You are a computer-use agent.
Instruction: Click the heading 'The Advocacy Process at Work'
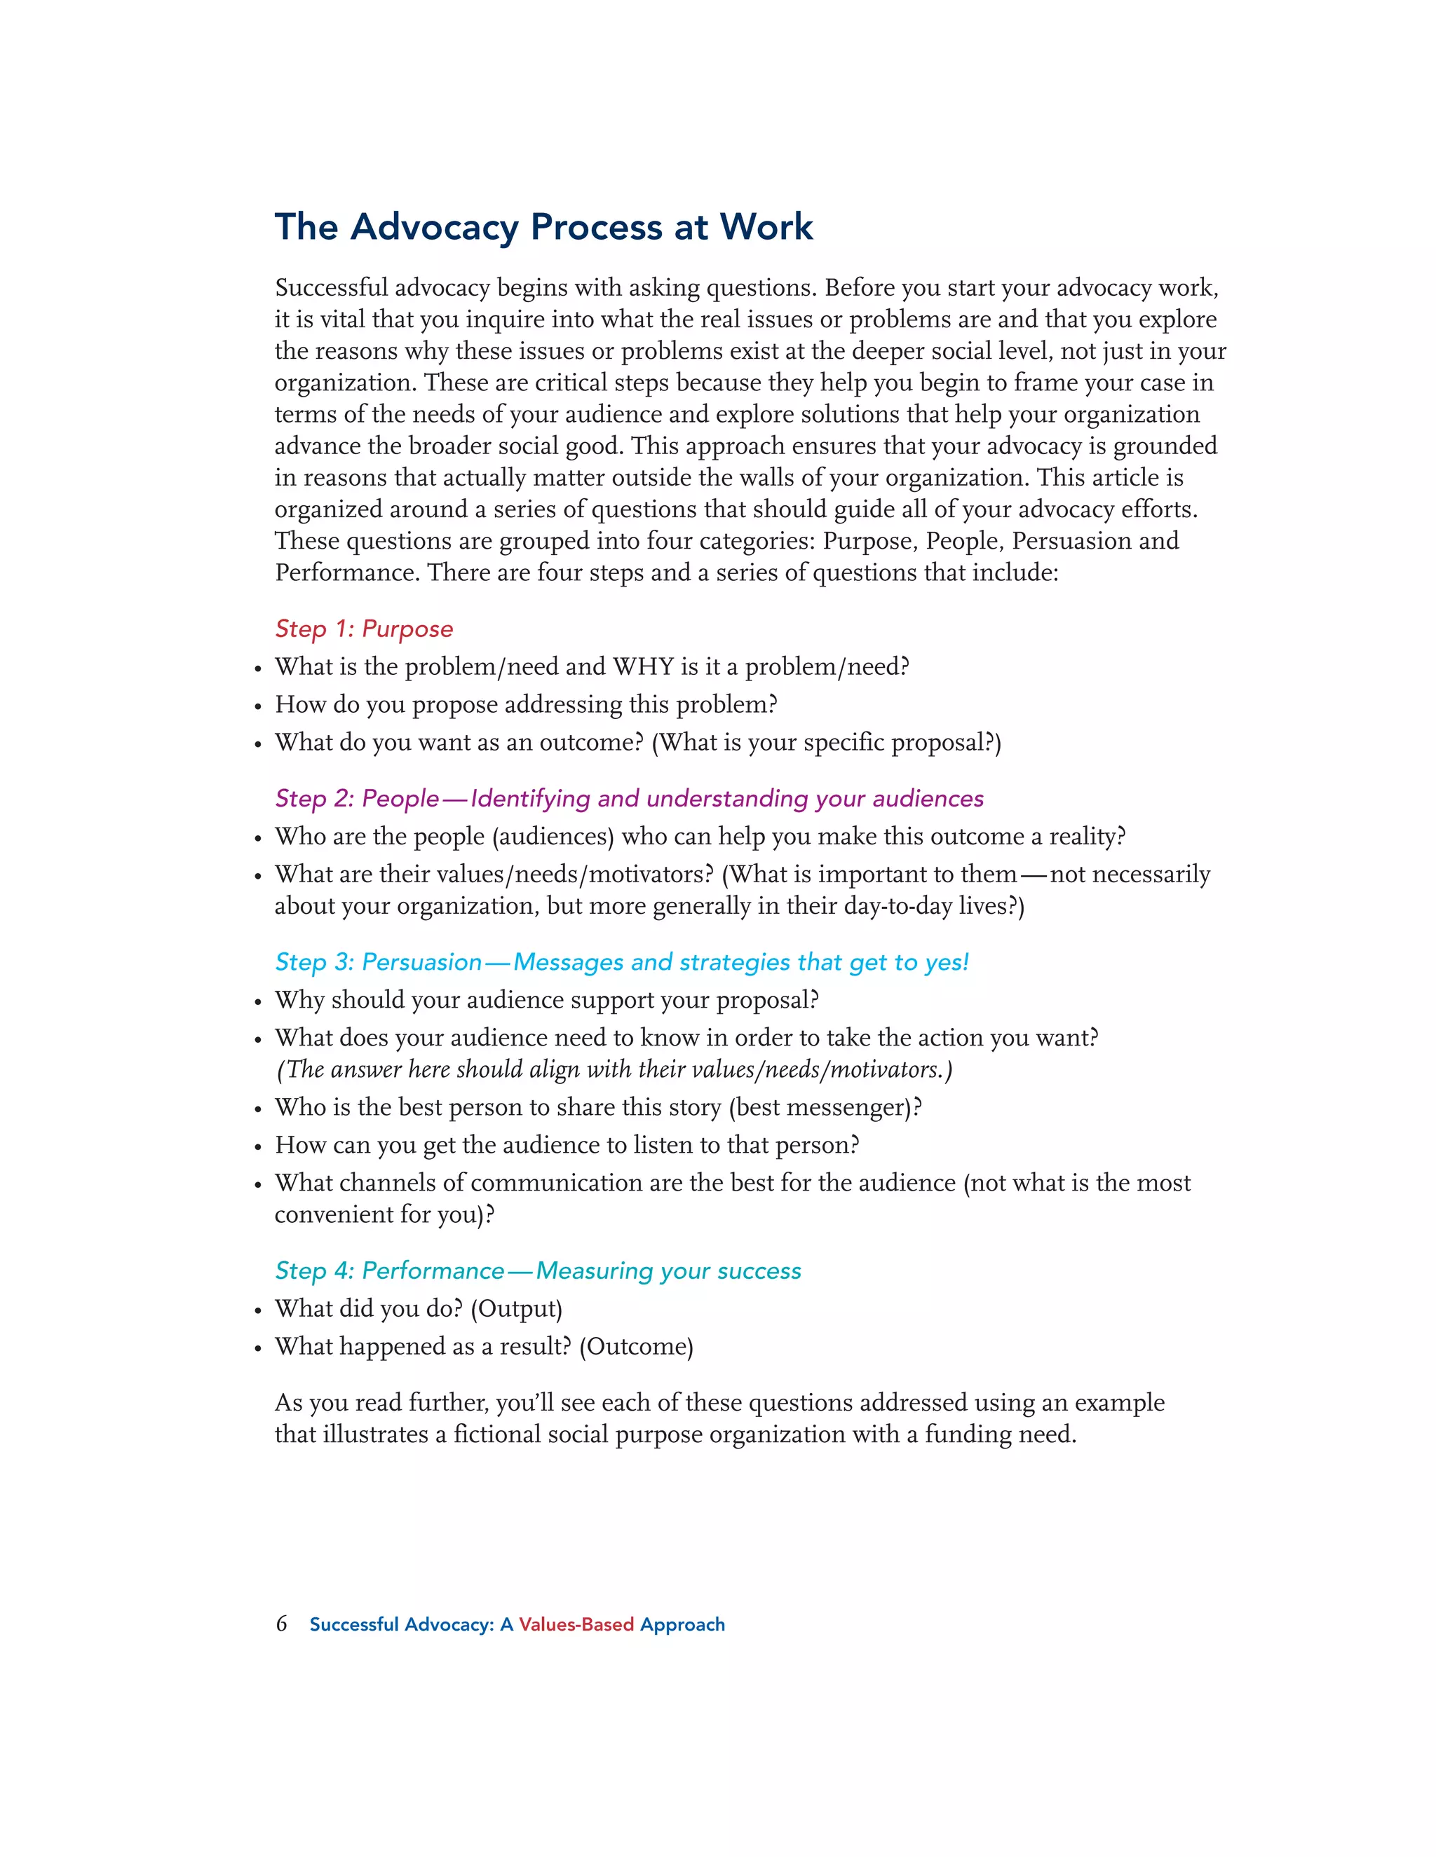543,227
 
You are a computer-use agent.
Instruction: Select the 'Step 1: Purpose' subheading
363,629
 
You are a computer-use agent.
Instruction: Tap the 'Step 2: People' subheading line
629,798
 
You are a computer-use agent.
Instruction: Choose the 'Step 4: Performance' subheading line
538,1270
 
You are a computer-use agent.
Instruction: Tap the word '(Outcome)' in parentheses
637,1347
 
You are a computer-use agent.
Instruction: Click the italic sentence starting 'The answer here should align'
614,1069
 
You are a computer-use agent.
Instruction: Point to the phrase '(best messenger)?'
825,1107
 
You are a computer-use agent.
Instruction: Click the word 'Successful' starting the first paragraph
331,287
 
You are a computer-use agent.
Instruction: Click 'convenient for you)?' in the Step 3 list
384,1214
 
